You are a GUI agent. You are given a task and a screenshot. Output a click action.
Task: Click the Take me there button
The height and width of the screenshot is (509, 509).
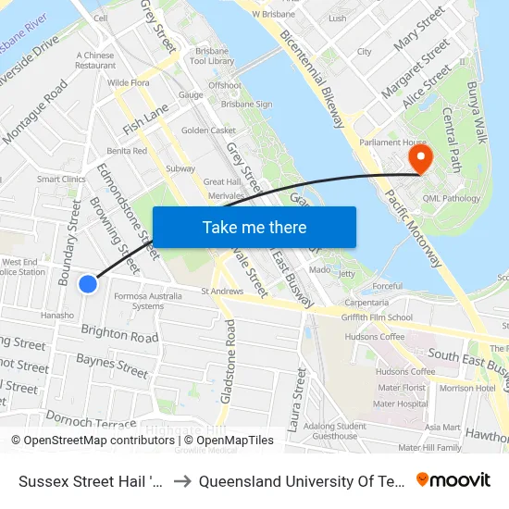coord(254,227)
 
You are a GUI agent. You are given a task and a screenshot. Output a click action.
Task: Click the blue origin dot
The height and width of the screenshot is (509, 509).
coord(88,284)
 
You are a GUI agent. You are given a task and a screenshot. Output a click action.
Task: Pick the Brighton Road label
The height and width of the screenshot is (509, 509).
coord(119,335)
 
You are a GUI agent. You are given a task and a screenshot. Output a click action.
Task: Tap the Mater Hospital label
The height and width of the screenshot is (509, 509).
coord(400,403)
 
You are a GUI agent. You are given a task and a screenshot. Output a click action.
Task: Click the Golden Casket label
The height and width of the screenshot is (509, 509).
coord(208,130)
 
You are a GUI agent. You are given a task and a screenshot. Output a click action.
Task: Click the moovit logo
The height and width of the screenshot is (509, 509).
coord(453,479)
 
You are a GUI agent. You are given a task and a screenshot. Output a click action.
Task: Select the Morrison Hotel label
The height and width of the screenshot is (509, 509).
coord(468,388)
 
